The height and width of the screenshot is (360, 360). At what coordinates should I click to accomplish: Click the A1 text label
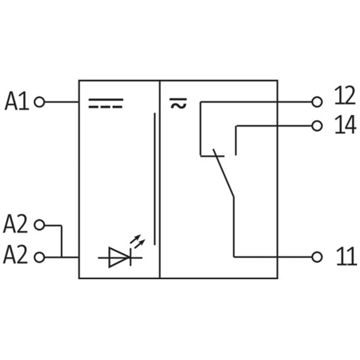pyautogui.click(x=17, y=102)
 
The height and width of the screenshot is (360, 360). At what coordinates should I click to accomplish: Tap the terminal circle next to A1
pyautogui.click(x=40, y=102)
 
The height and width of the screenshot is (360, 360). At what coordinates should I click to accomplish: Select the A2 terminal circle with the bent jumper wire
pyautogui.click(x=40, y=225)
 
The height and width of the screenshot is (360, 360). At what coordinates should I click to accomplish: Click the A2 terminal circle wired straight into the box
pyautogui.click(x=40, y=257)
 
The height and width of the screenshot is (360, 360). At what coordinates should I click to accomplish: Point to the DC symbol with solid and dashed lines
pyautogui.click(x=105, y=104)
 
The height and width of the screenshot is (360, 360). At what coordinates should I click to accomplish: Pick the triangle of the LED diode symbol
pyautogui.click(x=118, y=257)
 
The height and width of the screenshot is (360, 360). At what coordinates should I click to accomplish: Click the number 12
pyautogui.click(x=345, y=96)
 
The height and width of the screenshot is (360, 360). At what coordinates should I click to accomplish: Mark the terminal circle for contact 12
pyautogui.click(x=317, y=102)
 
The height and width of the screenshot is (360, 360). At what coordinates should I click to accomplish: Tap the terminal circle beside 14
pyautogui.click(x=317, y=126)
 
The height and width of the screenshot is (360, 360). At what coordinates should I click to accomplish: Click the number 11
pyautogui.click(x=346, y=257)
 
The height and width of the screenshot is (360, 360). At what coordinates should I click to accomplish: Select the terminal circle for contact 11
pyautogui.click(x=317, y=257)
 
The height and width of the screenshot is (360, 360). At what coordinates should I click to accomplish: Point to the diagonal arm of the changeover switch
pyautogui.click(x=224, y=175)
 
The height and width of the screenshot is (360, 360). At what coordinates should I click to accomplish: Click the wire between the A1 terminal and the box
pyautogui.click(x=62, y=102)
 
